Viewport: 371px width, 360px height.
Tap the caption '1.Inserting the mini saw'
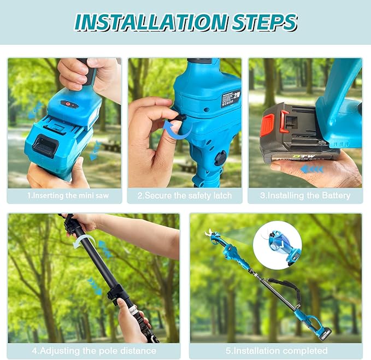[64, 196]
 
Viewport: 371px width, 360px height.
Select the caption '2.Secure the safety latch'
[185, 196]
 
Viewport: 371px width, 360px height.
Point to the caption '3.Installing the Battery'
[305, 196]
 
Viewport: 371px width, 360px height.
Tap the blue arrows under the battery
[313, 169]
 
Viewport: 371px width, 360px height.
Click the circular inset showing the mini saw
[277, 244]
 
